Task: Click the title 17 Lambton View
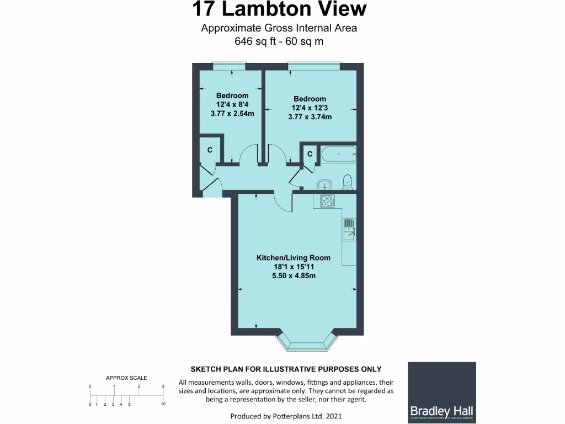tap(279, 9)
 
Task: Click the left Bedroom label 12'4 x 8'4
tap(232, 105)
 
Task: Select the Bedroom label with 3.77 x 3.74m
tap(310, 108)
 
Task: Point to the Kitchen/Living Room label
tap(293, 266)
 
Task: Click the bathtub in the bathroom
tap(338, 154)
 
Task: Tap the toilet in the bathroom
tap(348, 182)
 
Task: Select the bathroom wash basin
tap(324, 184)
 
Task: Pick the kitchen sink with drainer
tap(349, 230)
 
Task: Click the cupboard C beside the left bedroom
tap(210, 150)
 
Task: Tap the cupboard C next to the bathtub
tap(310, 155)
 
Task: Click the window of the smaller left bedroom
tap(228, 65)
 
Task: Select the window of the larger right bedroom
tap(314, 65)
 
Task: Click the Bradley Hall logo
tap(441, 391)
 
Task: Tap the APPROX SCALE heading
tap(126, 378)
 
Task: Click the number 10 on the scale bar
tap(163, 405)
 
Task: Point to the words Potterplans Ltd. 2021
tap(310, 416)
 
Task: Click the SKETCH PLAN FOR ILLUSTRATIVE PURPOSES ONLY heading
tap(286, 369)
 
